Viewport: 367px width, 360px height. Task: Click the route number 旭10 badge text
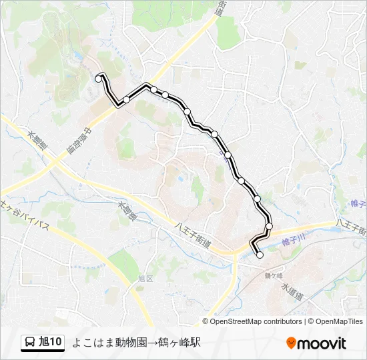[51, 342]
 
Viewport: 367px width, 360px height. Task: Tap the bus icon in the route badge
[31, 342]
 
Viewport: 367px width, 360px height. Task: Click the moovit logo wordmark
[322, 343]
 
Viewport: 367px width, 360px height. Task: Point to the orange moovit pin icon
[291, 343]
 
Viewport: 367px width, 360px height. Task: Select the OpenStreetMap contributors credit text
[256, 321]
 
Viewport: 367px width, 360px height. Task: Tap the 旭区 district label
[145, 278]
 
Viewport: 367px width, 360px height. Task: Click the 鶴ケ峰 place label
[274, 275]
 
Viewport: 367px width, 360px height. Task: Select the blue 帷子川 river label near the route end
[293, 237]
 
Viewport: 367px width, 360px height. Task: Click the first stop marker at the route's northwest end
[99, 79]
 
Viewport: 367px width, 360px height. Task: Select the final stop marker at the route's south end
[260, 255]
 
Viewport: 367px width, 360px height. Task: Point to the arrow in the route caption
[152, 342]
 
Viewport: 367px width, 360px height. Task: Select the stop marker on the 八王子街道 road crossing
[269, 226]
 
